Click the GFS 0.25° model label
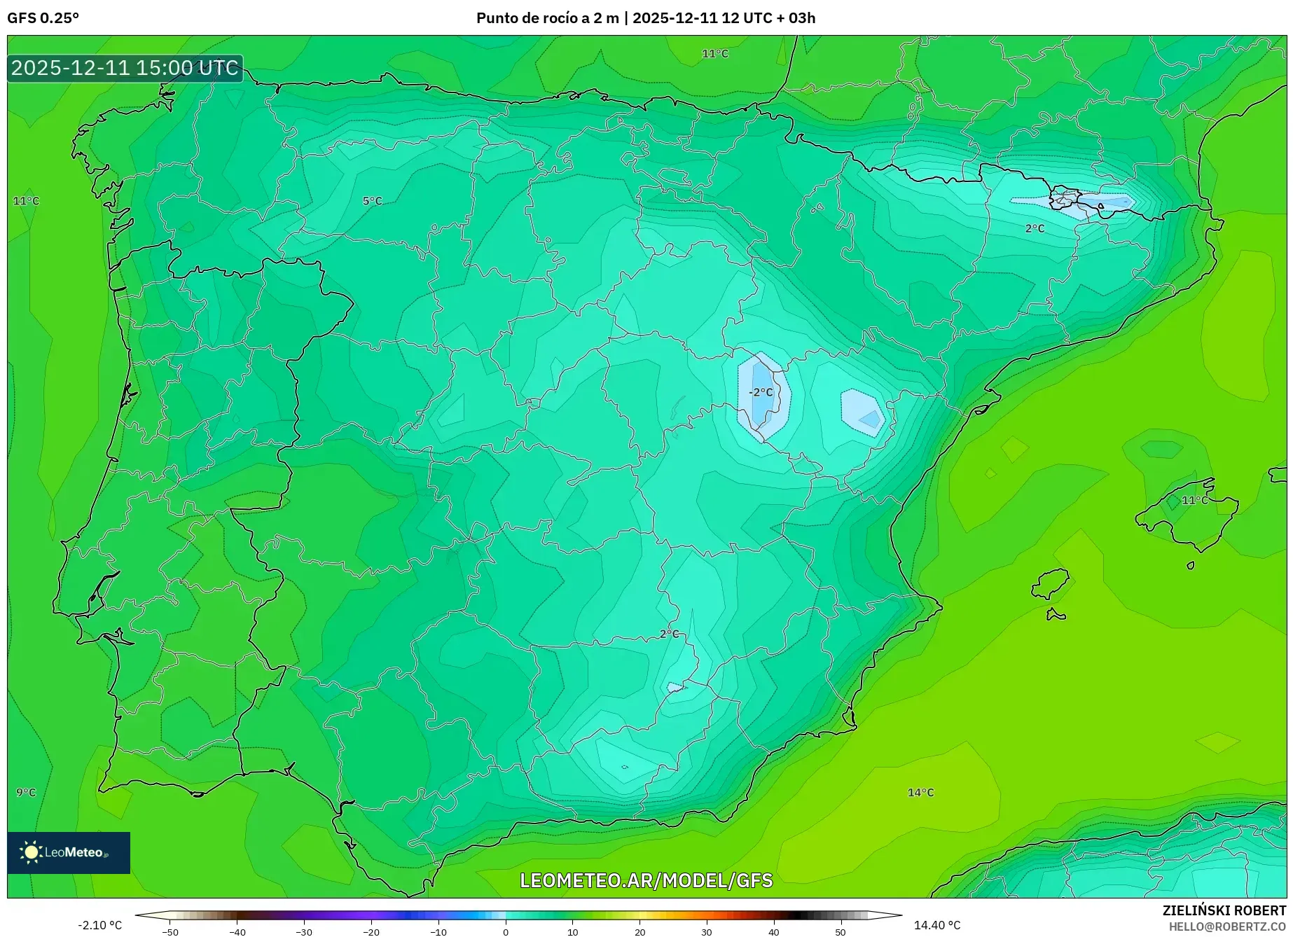coord(43,18)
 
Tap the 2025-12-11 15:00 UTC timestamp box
coord(125,68)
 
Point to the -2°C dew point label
coord(761,392)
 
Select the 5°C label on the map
coord(372,201)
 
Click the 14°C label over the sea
coord(920,792)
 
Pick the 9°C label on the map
coord(26,792)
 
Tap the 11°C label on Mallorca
coord(1194,500)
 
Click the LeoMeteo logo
coord(69,852)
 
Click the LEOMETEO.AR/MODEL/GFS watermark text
coord(646,880)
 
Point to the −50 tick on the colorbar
coord(170,932)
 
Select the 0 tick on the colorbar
coord(506,932)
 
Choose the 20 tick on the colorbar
coord(639,932)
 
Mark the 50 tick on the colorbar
coord(841,932)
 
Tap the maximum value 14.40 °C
coord(937,925)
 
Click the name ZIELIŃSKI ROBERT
coord(1224,910)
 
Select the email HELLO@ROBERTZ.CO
coord(1227,926)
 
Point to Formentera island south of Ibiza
coord(1056,616)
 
